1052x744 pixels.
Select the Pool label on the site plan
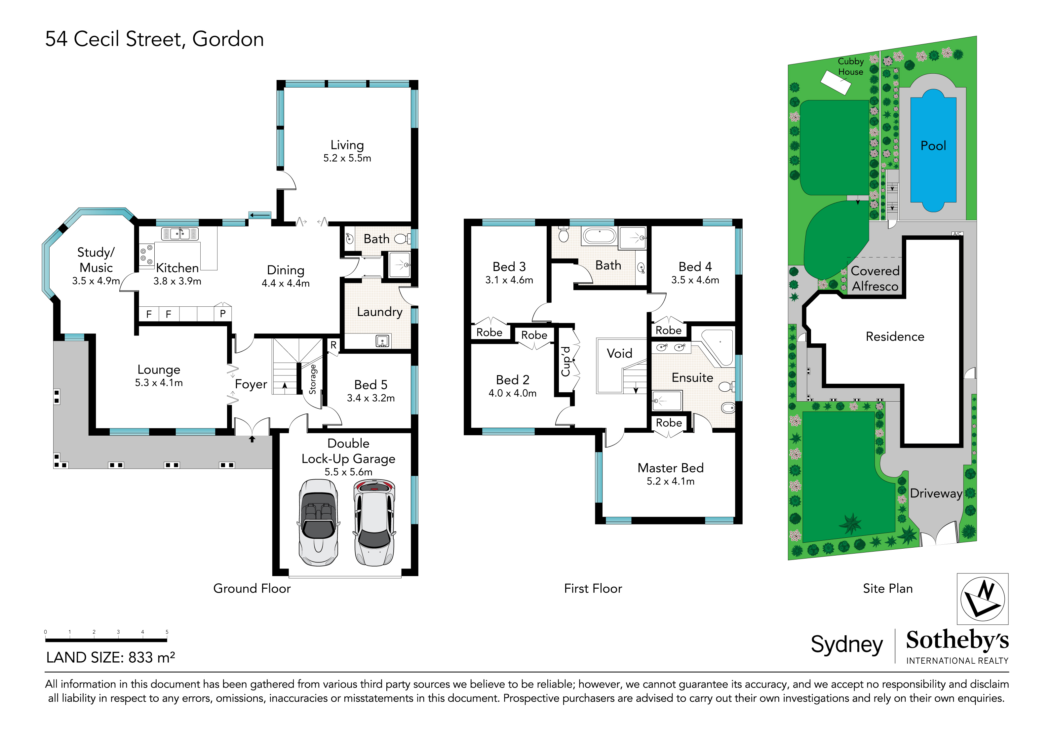point(933,146)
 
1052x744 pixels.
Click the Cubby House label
point(850,66)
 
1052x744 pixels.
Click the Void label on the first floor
point(619,353)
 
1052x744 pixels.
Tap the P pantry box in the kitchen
point(223,314)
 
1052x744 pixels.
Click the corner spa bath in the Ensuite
point(720,346)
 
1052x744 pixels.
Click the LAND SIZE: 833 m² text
point(110,657)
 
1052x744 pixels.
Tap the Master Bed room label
point(670,468)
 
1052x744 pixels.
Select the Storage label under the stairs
point(312,379)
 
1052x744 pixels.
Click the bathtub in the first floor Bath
point(599,236)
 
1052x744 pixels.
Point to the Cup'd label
point(566,362)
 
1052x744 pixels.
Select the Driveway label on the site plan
point(936,493)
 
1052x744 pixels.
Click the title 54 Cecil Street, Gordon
point(154,39)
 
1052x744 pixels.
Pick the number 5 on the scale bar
point(167,632)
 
